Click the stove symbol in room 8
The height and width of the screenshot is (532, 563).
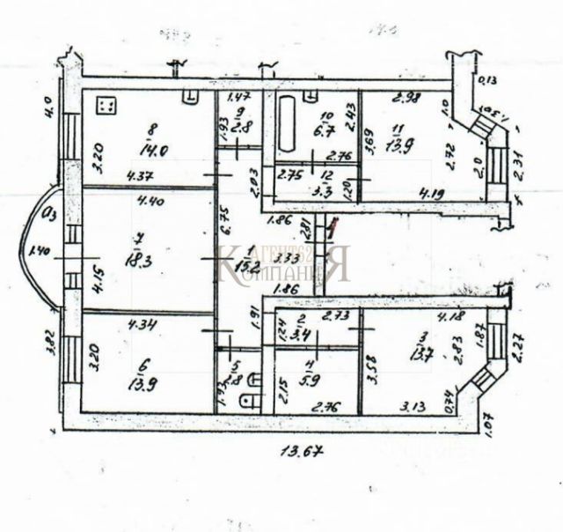(108, 106)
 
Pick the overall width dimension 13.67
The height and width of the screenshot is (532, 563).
(297, 453)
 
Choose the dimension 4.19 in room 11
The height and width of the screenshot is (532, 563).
(430, 193)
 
